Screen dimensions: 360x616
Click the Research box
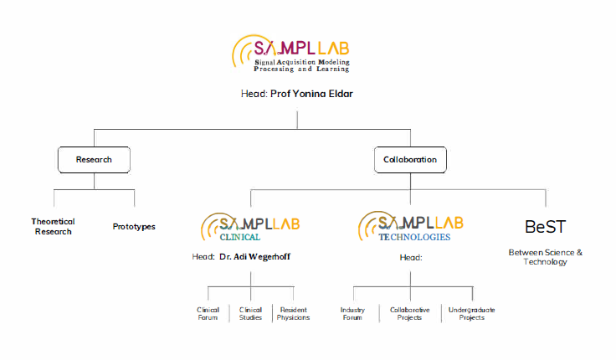[x=94, y=159]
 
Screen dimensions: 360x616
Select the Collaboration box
[x=409, y=159]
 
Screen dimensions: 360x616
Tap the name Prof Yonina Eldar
[x=311, y=94]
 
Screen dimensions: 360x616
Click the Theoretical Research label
[x=54, y=226]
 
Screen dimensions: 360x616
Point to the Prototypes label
[x=134, y=226]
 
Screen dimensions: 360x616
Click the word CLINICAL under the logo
[x=239, y=237]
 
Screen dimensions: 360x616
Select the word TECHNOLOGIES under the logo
[x=413, y=237]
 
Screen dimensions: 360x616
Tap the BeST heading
[x=546, y=227]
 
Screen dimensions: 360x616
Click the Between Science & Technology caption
[x=546, y=256]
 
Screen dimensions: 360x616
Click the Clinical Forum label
[x=208, y=313]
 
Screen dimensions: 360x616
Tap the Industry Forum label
[x=352, y=313]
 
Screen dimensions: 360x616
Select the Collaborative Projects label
[x=410, y=313]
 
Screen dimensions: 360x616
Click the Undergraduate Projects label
[x=472, y=313]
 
